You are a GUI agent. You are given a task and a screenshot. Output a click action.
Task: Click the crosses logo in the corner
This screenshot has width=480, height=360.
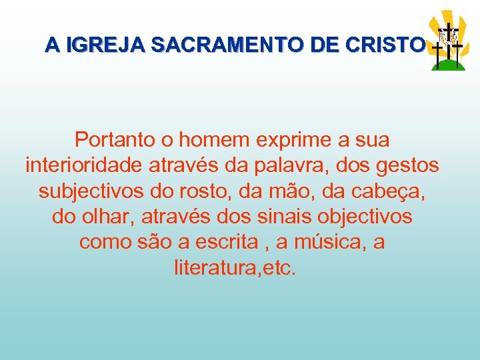coord(447,41)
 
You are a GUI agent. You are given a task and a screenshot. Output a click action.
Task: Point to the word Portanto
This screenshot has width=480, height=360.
coord(115,140)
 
